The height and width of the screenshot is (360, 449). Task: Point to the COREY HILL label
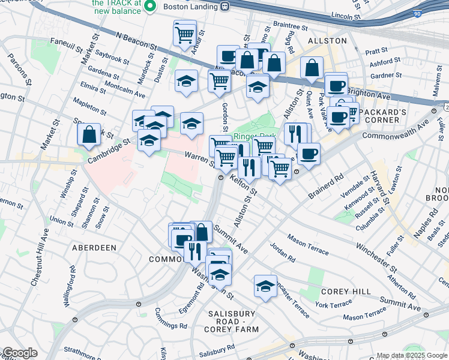(x=339, y=291)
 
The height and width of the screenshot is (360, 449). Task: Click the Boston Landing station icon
(x=226, y=7)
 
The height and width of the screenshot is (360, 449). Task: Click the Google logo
(x=19, y=353)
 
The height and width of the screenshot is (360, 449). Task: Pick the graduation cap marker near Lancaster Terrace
(x=265, y=286)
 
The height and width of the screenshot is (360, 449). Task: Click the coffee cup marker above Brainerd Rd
(x=309, y=153)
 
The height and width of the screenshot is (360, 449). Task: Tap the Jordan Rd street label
(x=282, y=251)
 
